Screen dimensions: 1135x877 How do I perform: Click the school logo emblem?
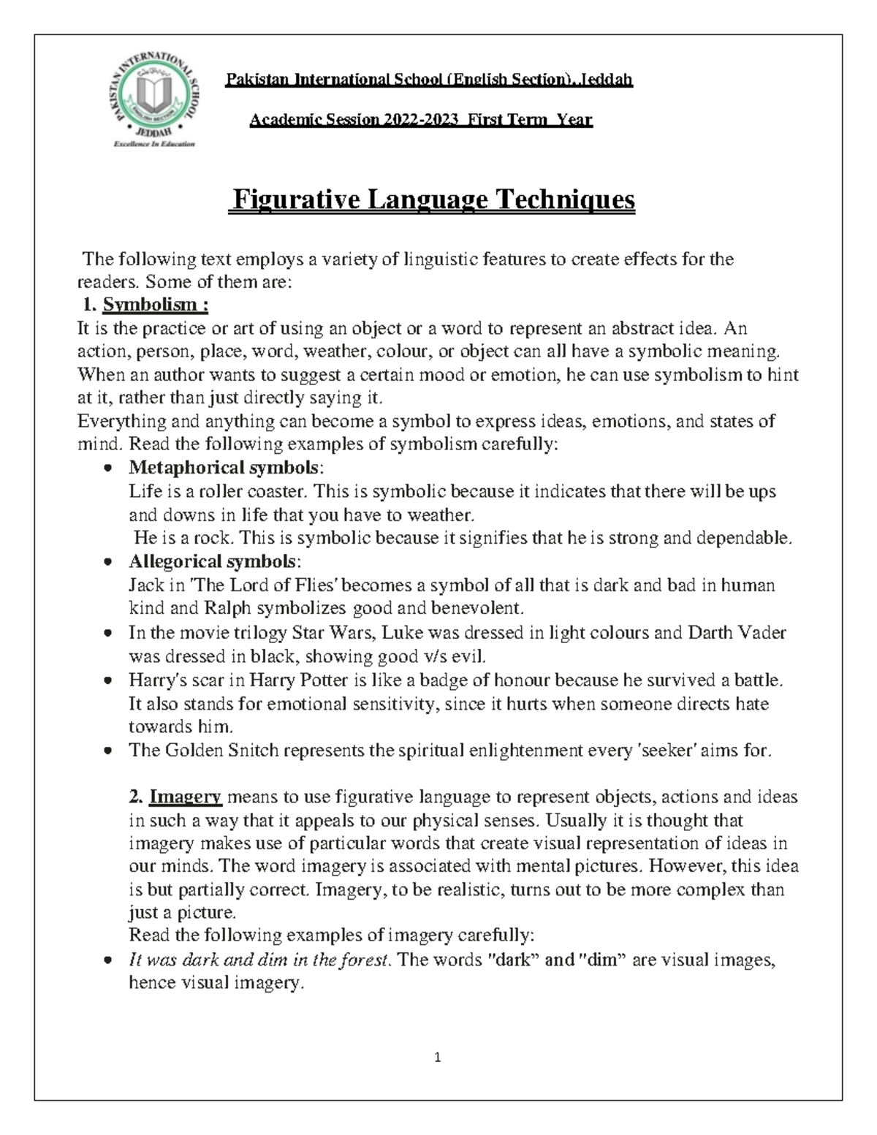pyautogui.click(x=153, y=101)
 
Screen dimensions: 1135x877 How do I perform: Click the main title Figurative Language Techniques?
pyautogui.click(x=432, y=199)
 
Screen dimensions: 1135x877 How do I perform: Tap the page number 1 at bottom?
pyautogui.click(x=438, y=1057)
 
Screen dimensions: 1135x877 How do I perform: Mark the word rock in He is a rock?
pyautogui.click(x=210, y=539)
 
